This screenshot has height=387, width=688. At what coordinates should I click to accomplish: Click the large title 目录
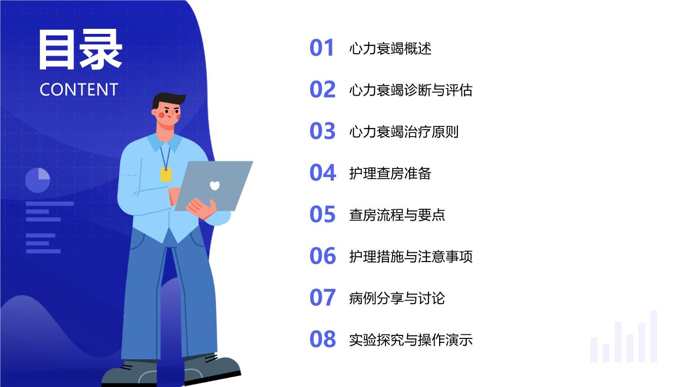click(x=80, y=49)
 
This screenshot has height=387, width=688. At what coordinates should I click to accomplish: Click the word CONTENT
click(x=79, y=90)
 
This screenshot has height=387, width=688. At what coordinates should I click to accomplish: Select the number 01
click(x=322, y=48)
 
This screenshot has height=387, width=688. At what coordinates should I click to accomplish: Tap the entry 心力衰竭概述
click(x=391, y=49)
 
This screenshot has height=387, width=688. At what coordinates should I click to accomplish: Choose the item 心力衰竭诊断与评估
click(x=411, y=90)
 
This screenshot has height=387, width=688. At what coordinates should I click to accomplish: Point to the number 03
click(x=322, y=131)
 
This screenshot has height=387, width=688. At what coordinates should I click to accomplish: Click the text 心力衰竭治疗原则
click(x=404, y=132)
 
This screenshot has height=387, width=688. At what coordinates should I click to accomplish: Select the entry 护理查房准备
click(x=390, y=173)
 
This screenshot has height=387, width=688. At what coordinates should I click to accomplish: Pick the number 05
click(x=322, y=214)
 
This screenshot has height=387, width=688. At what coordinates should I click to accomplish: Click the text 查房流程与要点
click(x=397, y=215)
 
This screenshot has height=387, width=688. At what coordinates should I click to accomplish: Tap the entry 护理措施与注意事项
click(x=411, y=256)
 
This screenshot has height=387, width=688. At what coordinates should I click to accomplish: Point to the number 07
click(x=323, y=297)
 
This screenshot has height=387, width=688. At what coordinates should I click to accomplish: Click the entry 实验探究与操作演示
click(x=411, y=340)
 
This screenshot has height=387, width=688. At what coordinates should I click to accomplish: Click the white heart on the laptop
click(x=214, y=186)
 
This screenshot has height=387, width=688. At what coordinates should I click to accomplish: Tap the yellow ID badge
click(x=166, y=175)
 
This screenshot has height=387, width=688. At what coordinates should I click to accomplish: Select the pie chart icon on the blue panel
click(x=37, y=180)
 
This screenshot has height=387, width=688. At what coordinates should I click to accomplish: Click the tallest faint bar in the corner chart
click(x=654, y=336)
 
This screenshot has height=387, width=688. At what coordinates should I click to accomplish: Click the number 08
click(x=323, y=339)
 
